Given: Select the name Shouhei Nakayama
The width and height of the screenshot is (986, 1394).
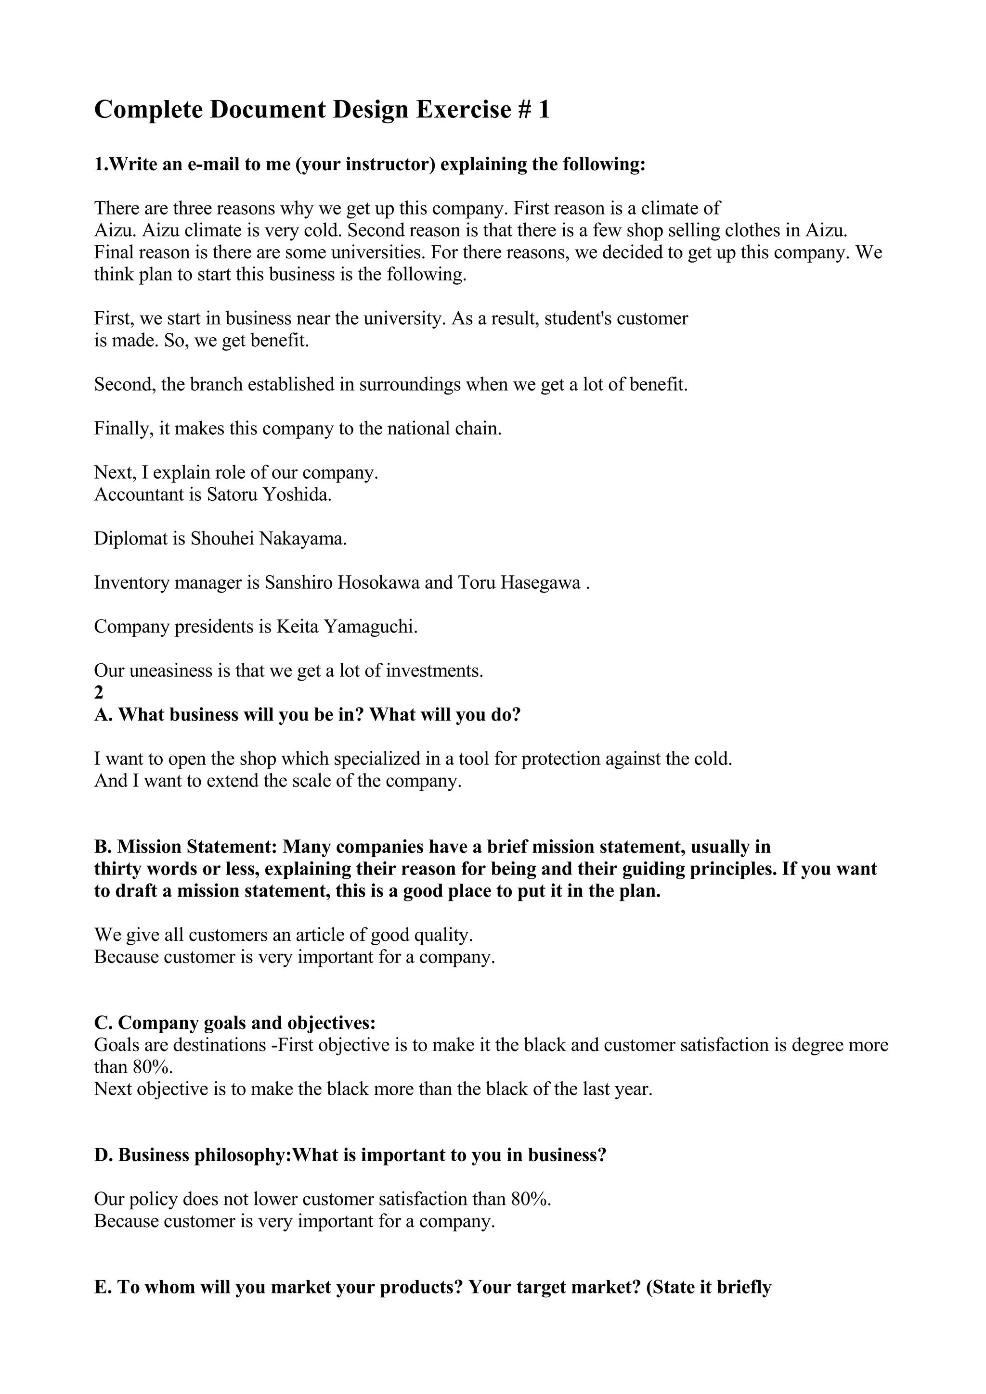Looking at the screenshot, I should (269, 539).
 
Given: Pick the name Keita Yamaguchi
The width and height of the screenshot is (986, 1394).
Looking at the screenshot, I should (347, 627).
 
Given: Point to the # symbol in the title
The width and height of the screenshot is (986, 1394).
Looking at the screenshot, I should (524, 110).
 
